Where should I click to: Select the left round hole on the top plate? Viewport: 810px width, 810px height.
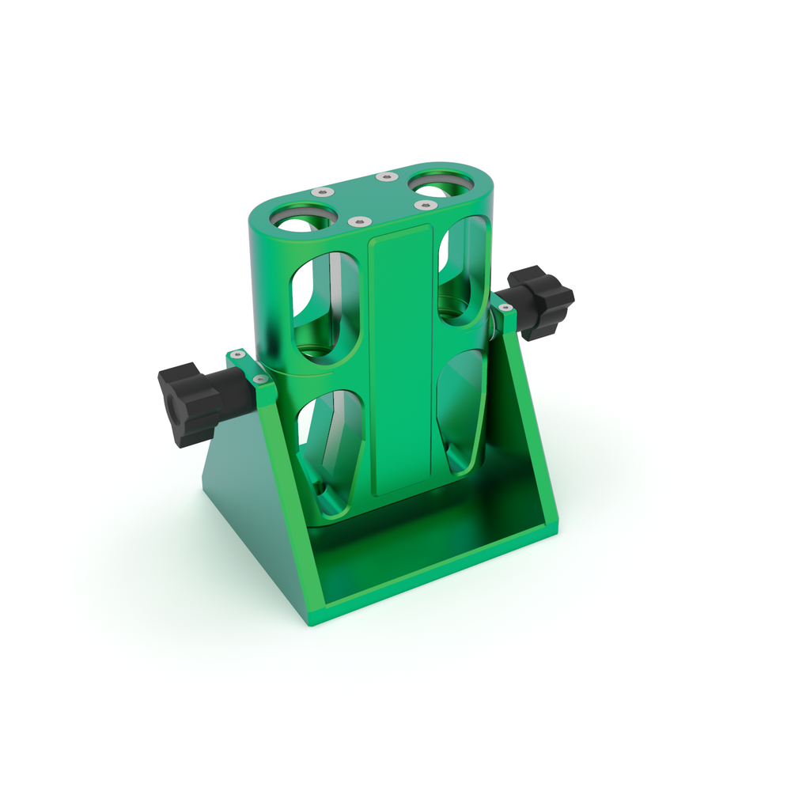(302, 218)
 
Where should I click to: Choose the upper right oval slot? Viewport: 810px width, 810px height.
(464, 269)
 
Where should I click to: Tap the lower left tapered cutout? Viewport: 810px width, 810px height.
(331, 451)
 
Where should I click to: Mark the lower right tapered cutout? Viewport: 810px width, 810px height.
(461, 411)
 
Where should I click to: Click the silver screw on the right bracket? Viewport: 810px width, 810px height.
(504, 307)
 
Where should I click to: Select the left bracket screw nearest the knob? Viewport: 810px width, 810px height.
(235, 355)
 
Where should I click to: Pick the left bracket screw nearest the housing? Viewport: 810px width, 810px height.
(259, 380)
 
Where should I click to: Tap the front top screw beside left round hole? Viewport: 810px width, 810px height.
(359, 222)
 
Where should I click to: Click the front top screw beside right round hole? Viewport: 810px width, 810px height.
(426, 206)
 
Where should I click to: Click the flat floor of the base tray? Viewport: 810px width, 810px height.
(427, 546)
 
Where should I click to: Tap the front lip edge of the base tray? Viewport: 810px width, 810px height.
(435, 581)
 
